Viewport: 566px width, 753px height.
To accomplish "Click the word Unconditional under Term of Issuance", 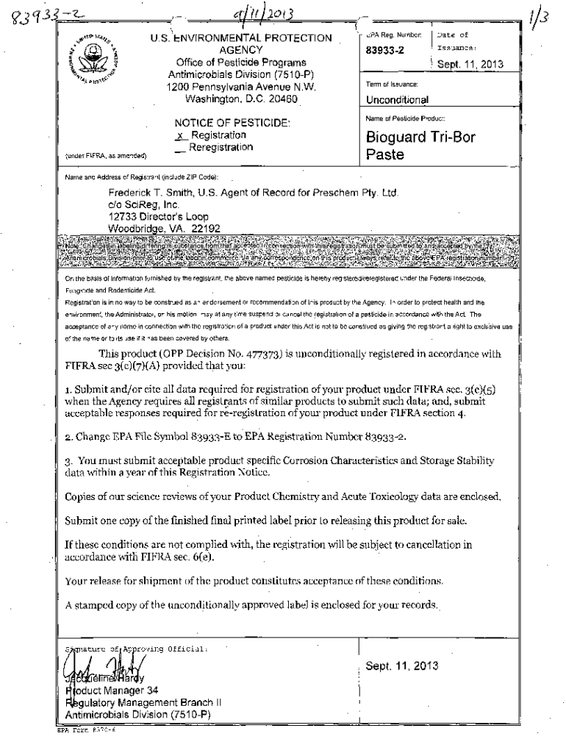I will tap(397, 99).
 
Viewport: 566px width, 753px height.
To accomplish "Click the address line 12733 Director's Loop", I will tap(158, 218).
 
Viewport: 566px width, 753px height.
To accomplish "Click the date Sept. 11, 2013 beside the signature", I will tap(401, 666).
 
